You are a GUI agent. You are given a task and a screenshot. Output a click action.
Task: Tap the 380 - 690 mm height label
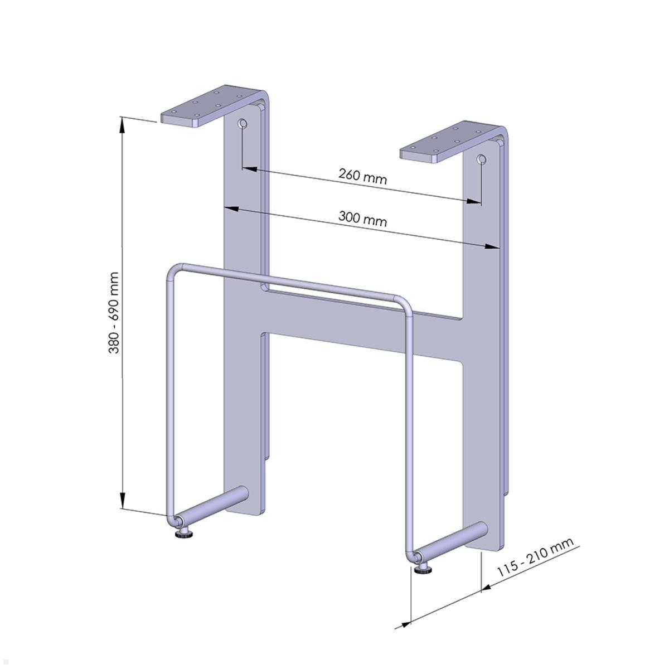[x=114, y=313]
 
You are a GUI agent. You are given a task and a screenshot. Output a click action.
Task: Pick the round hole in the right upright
[x=481, y=161]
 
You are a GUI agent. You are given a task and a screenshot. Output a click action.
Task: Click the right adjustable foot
[x=423, y=568]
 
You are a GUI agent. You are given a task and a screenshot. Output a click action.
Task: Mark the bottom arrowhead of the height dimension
[x=123, y=502]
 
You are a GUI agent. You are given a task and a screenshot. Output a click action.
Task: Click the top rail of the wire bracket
[x=290, y=282]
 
